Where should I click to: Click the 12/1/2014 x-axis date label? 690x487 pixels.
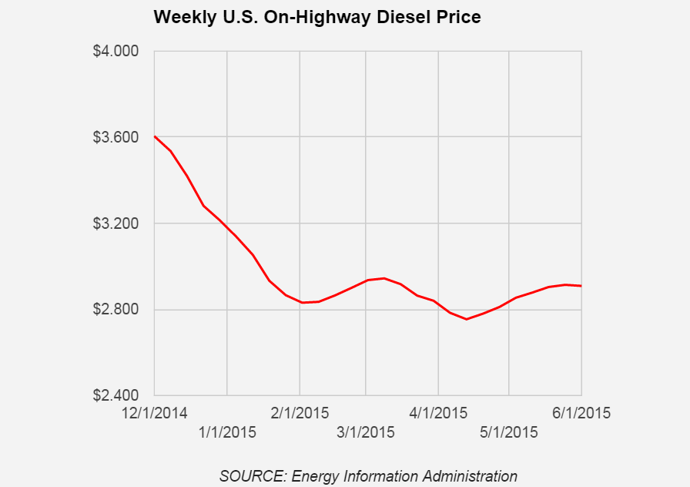click(155, 413)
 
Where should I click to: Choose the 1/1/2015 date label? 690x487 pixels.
click(227, 432)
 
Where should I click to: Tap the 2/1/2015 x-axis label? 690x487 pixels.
click(300, 413)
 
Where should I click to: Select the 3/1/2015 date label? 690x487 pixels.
click(365, 432)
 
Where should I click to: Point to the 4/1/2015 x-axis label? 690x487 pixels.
click(438, 413)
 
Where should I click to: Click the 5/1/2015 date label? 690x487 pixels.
click(508, 432)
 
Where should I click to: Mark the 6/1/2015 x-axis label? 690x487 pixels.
click(581, 413)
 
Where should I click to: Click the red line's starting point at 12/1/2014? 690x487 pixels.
click(155, 136)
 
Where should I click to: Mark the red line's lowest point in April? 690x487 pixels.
click(467, 319)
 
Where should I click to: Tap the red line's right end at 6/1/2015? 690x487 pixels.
click(581, 286)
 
